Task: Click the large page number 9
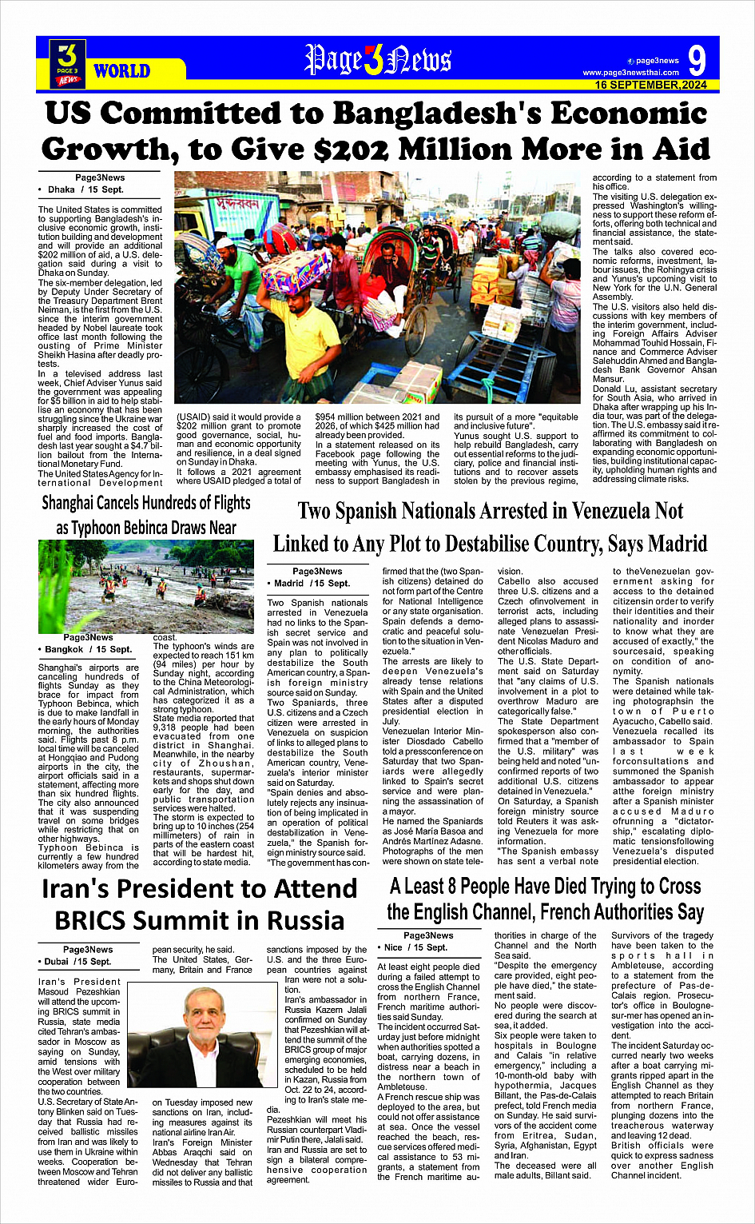(697, 61)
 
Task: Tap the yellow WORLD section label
(121, 71)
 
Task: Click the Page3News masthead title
(377, 60)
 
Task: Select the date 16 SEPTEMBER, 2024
(650, 85)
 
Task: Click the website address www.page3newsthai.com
(630, 73)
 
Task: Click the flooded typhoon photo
(146, 586)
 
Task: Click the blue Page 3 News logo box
(68, 62)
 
